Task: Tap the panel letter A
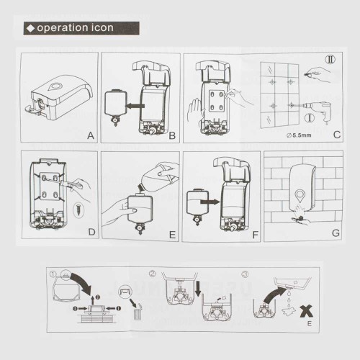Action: pyautogui.click(x=91, y=136)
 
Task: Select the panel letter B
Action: pyautogui.click(x=172, y=136)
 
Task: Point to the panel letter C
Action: pyautogui.click(x=337, y=135)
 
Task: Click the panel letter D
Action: pyautogui.click(x=91, y=232)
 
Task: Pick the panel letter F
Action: pyautogui.click(x=255, y=235)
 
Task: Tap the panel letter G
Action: pyautogui.click(x=336, y=233)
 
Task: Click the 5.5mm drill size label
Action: pyautogui.click(x=299, y=135)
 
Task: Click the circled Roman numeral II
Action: pyautogui.click(x=330, y=60)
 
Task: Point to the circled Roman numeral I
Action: pyautogui.click(x=310, y=118)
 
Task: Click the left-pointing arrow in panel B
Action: pyautogui.click(x=135, y=106)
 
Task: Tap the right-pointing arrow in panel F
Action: pyautogui.click(x=210, y=202)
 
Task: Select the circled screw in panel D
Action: pyautogui.click(x=78, y=210)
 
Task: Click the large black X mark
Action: pyautogui.click(x=307, y=311)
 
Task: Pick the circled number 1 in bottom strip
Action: pyautogui.click(x=53, y=274)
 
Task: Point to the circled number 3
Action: pyautogui.click(x=245, y=274)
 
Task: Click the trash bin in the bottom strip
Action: pyautogui.click(x=138, y=313)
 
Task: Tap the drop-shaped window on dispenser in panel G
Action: pyautogui.click(x=300, y=196)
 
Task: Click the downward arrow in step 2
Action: pyautogui.click(x=198, y=289)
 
